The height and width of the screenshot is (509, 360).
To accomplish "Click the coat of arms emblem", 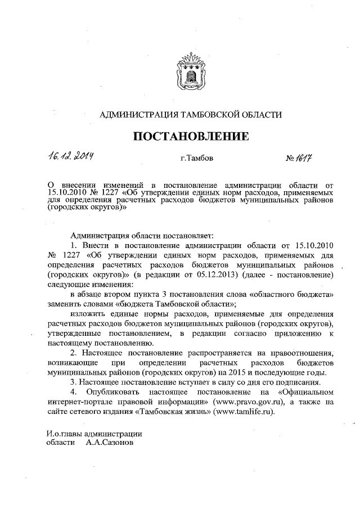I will point(190,71).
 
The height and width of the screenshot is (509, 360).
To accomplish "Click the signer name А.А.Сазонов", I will point(111,443).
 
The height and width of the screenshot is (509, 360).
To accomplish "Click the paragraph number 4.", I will point(73,391).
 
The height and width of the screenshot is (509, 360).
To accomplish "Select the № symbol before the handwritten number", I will point(290,160).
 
